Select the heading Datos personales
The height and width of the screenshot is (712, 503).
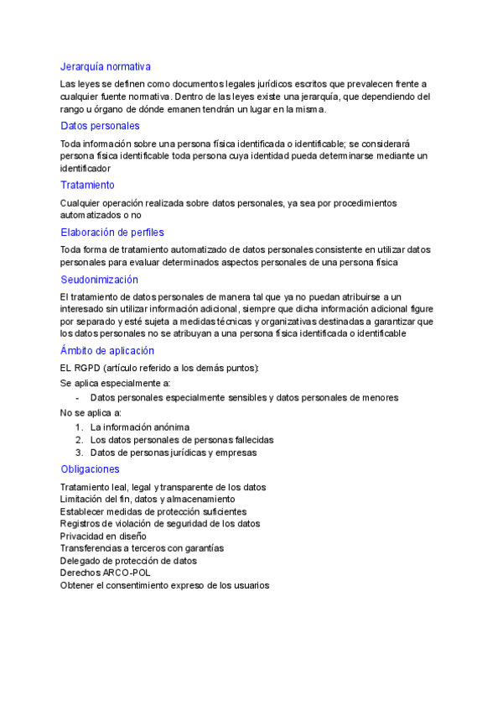tap(100, 126)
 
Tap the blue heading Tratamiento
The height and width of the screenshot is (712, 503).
tap(87, 185)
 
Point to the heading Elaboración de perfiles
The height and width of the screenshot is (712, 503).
tap(112, 233)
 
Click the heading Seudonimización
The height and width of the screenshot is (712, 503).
tap(99, 280)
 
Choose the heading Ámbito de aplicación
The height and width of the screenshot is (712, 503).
tap(106, 351)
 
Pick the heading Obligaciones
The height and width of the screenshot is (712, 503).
tap(90, 469)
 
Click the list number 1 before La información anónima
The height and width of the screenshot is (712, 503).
tap(79, 427)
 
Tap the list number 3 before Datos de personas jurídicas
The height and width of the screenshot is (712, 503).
tap(79, 453)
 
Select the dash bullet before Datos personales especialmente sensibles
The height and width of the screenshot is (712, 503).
tap(78, 398)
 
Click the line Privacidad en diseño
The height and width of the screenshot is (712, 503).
tap(103, 536)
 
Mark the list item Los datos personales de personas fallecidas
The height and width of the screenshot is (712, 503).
tap(182, 440)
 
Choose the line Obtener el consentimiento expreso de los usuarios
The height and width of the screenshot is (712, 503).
tap(164, 585)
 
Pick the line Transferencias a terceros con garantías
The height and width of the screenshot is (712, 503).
tap(142, 548)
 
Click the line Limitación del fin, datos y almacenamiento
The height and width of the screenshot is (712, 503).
tap(141, 500)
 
